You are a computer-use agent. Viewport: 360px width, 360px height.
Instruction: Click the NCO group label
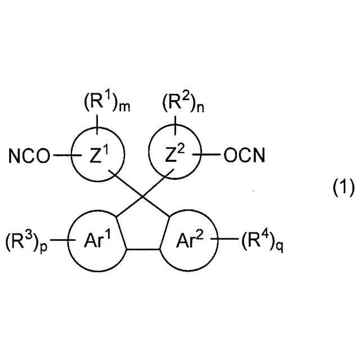29,155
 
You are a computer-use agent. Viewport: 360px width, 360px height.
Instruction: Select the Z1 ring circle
100,155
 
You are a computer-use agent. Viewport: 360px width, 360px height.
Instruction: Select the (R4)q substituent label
259,243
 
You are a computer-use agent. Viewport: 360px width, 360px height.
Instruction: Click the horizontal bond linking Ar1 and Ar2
142,249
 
